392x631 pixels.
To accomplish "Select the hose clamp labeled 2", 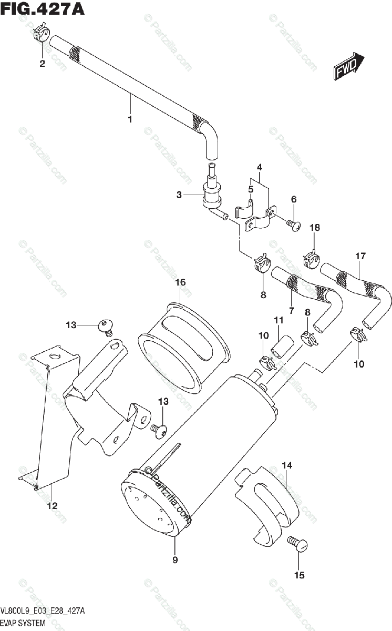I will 40,36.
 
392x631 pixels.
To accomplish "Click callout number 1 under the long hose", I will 130,119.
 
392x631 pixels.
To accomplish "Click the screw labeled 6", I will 293,225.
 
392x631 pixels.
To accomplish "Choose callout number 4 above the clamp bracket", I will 259,167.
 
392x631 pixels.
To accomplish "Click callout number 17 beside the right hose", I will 360,257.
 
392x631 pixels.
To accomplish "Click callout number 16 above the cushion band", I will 180,283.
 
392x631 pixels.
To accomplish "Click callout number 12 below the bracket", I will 52,506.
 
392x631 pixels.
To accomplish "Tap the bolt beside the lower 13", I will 159,430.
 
